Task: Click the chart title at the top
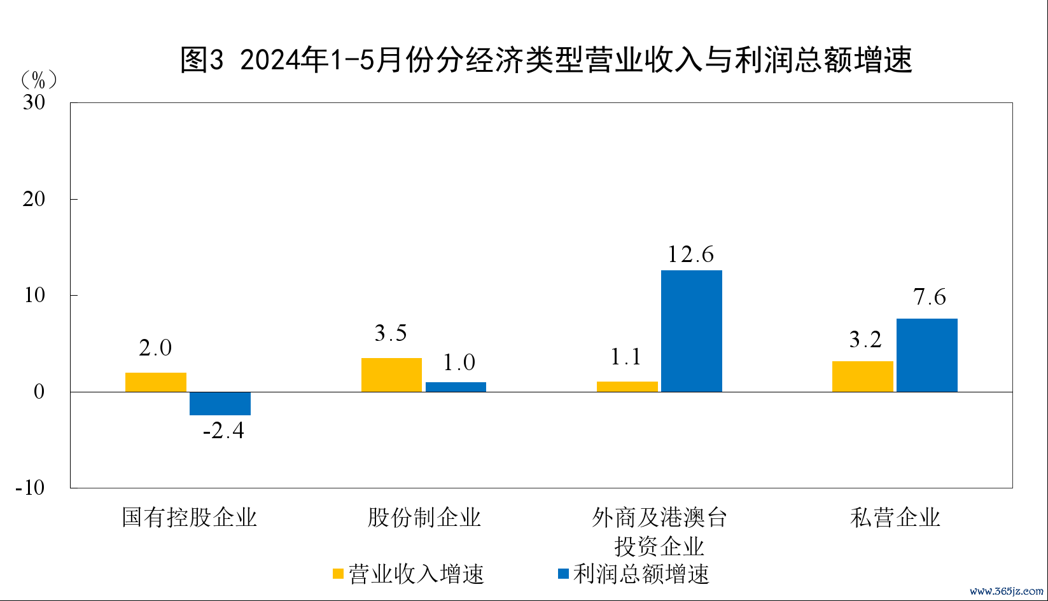pyautogui.click(x=546, y=60)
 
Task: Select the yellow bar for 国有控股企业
pyautogui.click(x=156, y=382)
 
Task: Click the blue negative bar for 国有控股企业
pyautogui.click(x=220, y=404)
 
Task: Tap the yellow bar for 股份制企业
pyautogui.click(x=391, y=375)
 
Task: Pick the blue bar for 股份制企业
pyautogui.click(x=456, y=387)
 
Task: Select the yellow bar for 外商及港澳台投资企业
pyautogui.click(x=627, y=387)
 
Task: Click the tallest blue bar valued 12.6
pyautogui.click(x=692, y=331)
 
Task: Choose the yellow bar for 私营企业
pyautogui.click(x=863, y=376)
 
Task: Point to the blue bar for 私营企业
pyautogui.click(x=927, y=356)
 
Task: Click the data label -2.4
pyautogui.click(x=223, y=431)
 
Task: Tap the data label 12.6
pyautogui.click(x=691, y=255)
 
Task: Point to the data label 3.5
pyautogui.click(x=391, y=333)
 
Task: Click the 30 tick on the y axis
pyautogui.click(x=34, y=102)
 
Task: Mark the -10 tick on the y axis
pyautogui.click(x=31, y=488)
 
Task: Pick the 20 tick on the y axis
pyautogui.click(x=34, y=199)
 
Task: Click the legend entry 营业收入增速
pyautogui.click(x=409, y=574)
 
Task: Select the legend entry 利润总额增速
pyautogui.click(x=634, y=574)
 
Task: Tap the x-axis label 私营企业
pyautogui.click(x=895, y=518)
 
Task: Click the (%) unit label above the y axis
pyautogui.click(x=39, y=80)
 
